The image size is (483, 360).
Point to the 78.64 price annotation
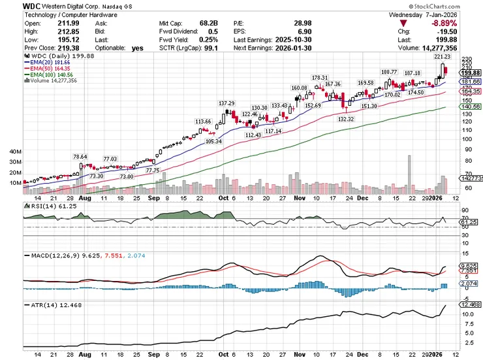click(80, 157)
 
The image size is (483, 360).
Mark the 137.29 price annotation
click(226, 103)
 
